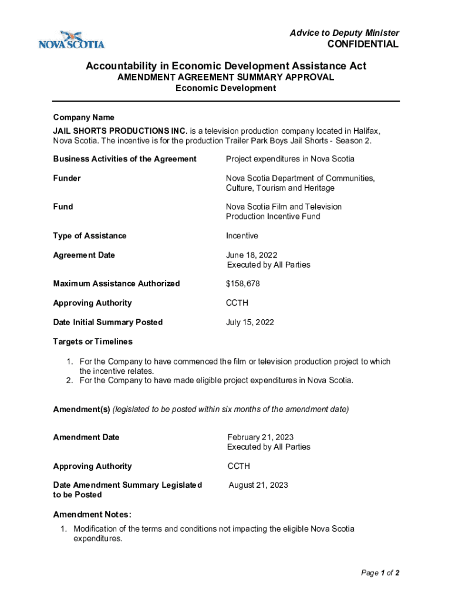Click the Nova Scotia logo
pyautogui.click(x=71, y=39)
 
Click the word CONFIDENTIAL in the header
pyautogui.click(x=362, y=44)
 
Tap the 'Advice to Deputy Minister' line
pyautogui.click(x=344, y=33)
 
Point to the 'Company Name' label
pyautogui.click(x=83, y=117)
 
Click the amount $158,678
pyautogui.click(x=243, y=283)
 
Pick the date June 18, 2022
pyautogui.click(x=251, y=255)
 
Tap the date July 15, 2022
pyautogui.click(x=250, y=322)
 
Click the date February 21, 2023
pyautogui.click(x=261, y=437)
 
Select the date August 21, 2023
pyautogui.click(x=258, y=485)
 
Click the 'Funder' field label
pyautogui.click(x=67, y=178)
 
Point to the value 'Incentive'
pyautogui.click(x=242, y=235)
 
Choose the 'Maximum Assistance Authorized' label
pyautogui.click(x=116, y=283)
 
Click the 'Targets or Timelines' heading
pyautogui.click(x=93, y=342)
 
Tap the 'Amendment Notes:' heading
pyautogui.click(x=88, y=515)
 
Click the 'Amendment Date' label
pyautogui.click(x=86, y=437)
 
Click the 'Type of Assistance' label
pyautogui.click(x=90, y=235)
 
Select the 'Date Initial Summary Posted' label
pyautogui.click(x=107, y=322)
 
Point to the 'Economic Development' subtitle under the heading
pyautogui.click(x=225, y=88)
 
